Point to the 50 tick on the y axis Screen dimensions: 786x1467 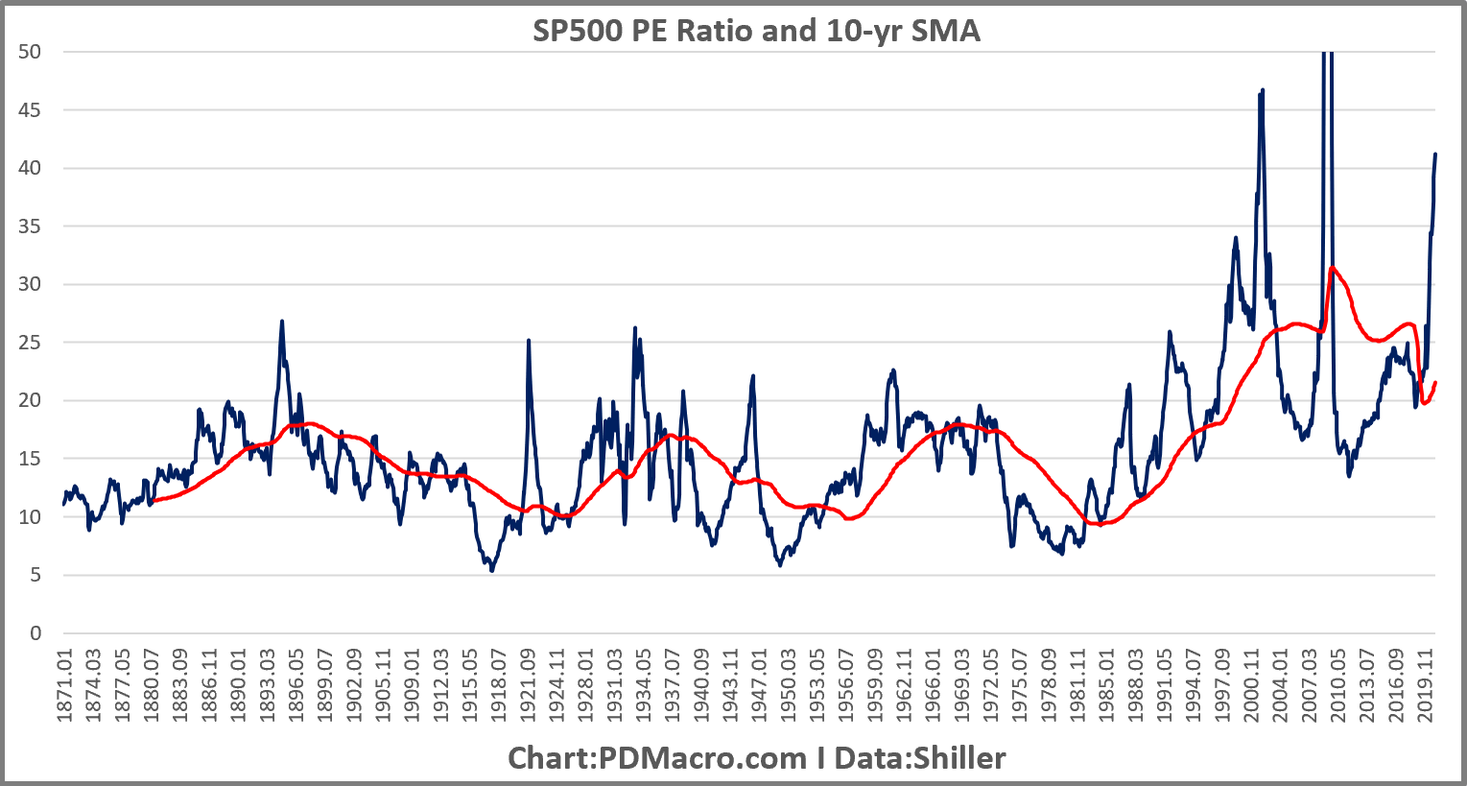[31, 52]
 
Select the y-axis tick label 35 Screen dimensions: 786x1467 [31, 226]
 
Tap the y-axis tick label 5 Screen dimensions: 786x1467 [35, 576]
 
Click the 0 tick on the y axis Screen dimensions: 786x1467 [35, 633]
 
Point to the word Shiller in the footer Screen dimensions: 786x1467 [958, 758]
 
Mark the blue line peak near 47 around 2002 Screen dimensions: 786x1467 [1263, 89]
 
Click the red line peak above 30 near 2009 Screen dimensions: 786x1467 [1332, 268]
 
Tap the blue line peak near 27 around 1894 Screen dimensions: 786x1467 [282, 322]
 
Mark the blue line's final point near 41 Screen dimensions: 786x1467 [1435, 154]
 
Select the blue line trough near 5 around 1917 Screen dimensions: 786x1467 [492, 571]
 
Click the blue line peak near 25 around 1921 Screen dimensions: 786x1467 [529, 341]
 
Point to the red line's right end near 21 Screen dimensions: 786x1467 [1435, 382]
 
